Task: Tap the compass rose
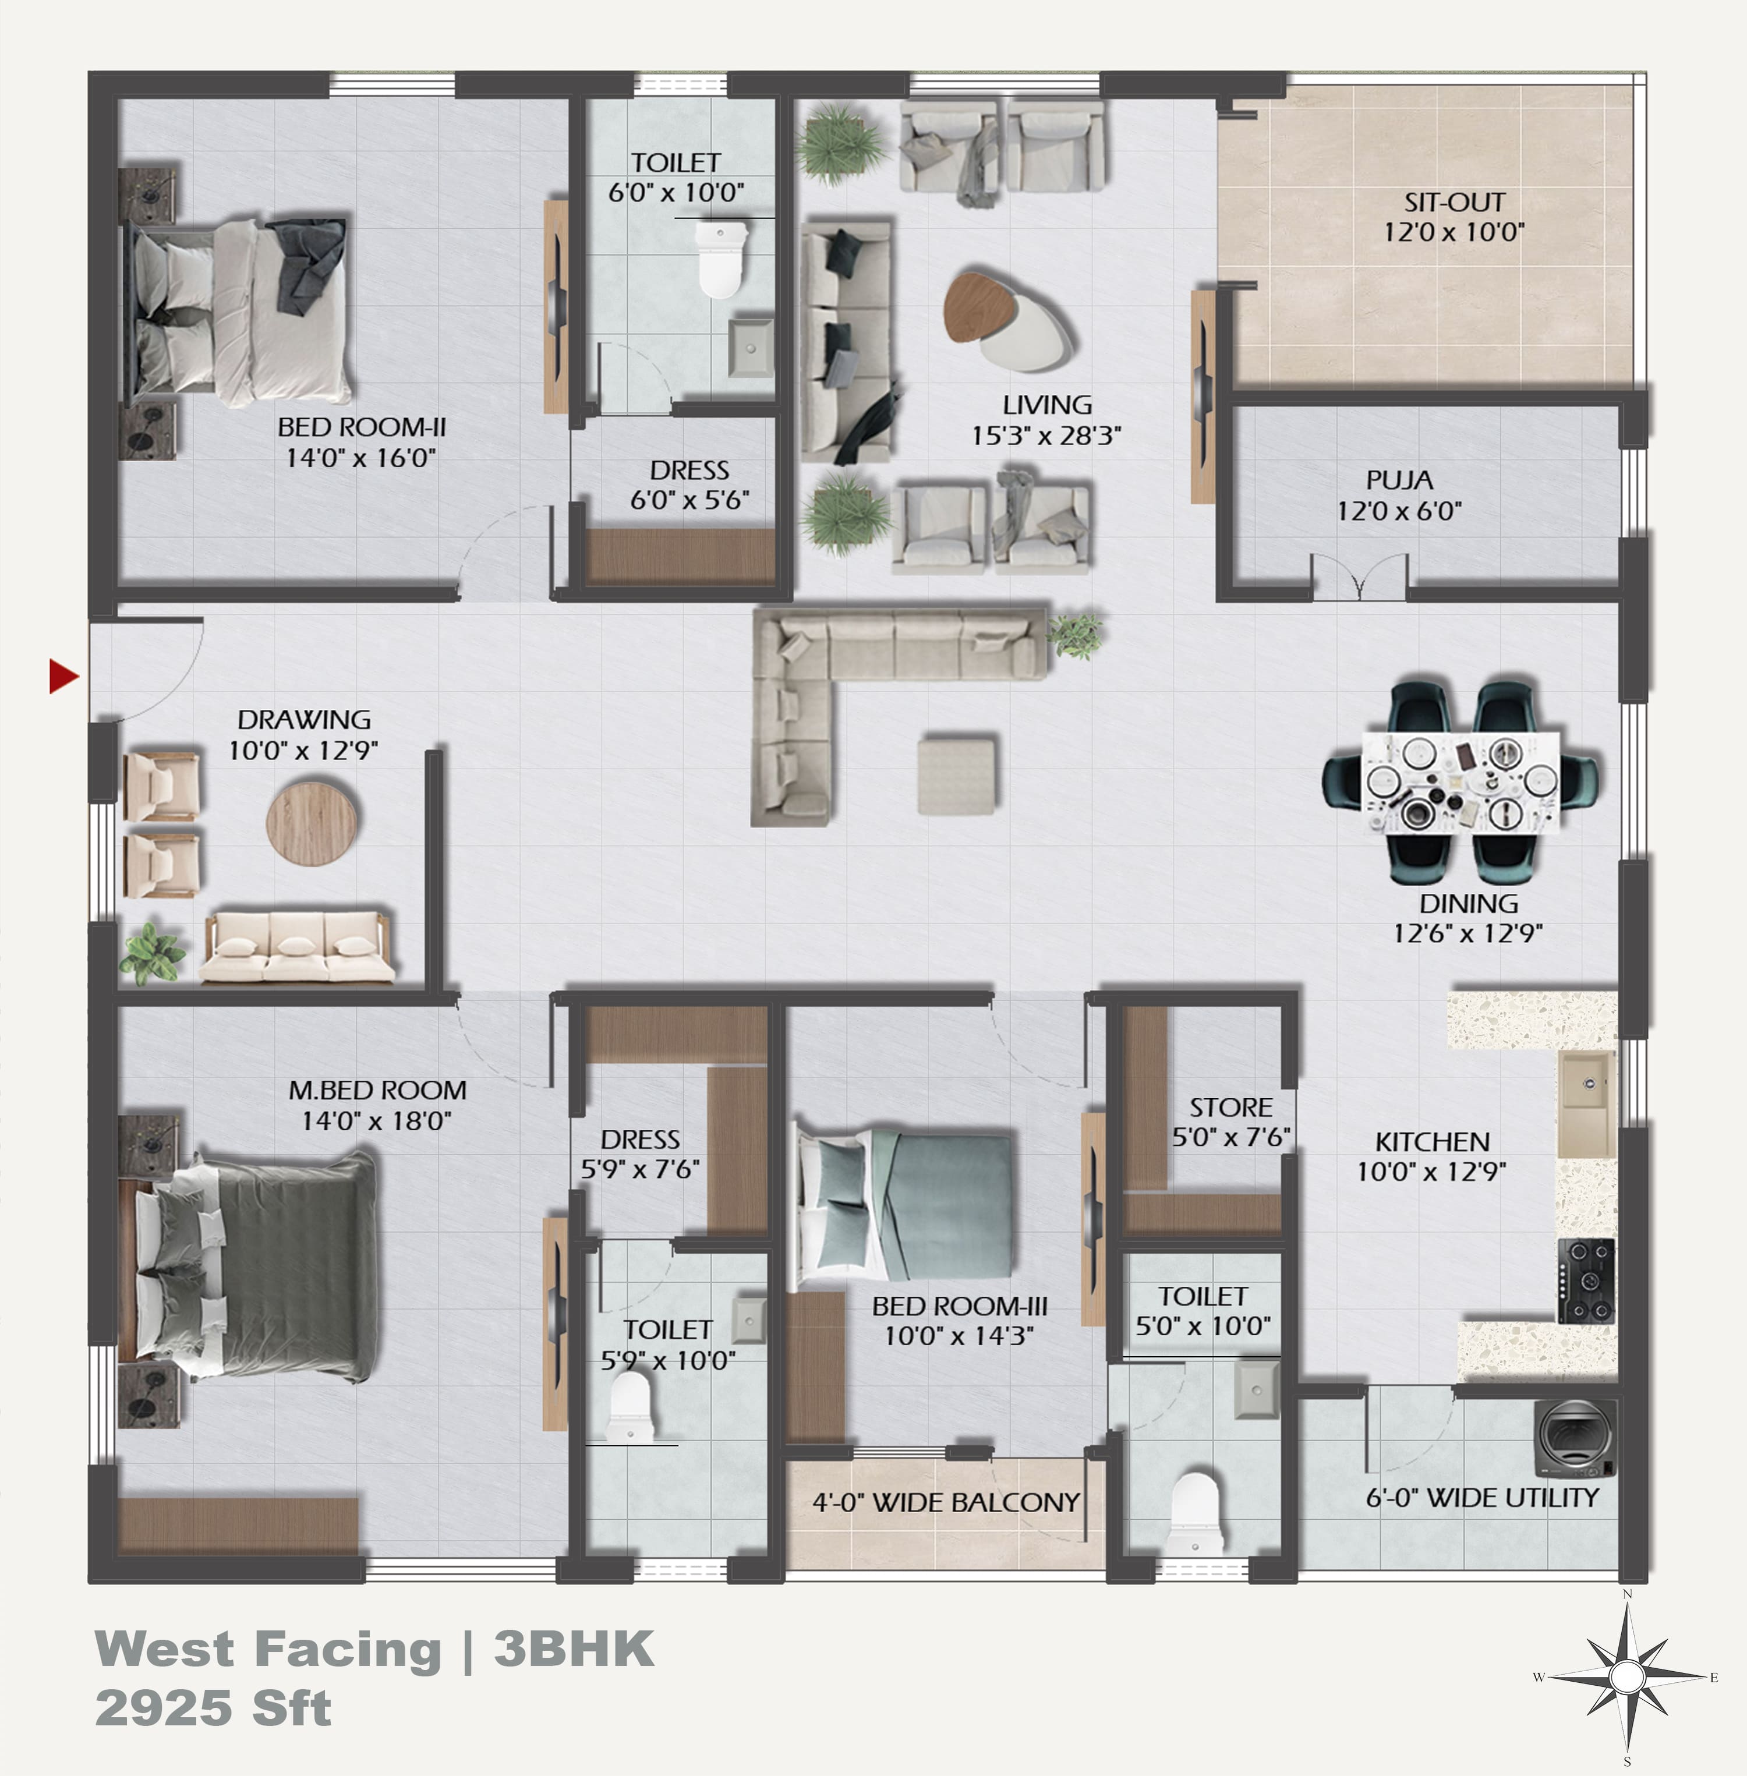tap(1627, 1678)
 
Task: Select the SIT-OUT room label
tap(1454, 202)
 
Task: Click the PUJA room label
tap(1399, 480)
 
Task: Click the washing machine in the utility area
tap(1575, 1438)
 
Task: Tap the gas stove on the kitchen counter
tap(1586, 1280)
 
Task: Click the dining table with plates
tap(1460, 783)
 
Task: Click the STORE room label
tap(1231, 1108)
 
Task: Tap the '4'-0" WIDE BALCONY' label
tap(946, 1502)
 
